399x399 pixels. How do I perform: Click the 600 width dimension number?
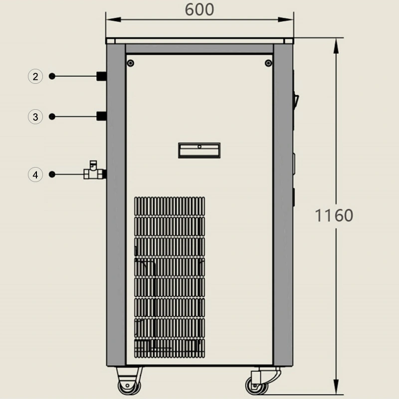[199, 9]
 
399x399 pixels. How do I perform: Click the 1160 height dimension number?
[334, 215]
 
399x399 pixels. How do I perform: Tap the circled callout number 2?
[35, 76]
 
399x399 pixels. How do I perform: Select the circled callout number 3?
[35, 117]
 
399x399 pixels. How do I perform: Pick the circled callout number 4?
[35, 175]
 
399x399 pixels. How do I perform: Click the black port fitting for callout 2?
[101, 76]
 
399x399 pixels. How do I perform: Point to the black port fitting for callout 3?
[101, 116]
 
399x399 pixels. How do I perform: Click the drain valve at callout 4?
[95, 171]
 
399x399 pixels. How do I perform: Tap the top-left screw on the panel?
[131, 63]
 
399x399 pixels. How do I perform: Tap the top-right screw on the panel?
[268, 63]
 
